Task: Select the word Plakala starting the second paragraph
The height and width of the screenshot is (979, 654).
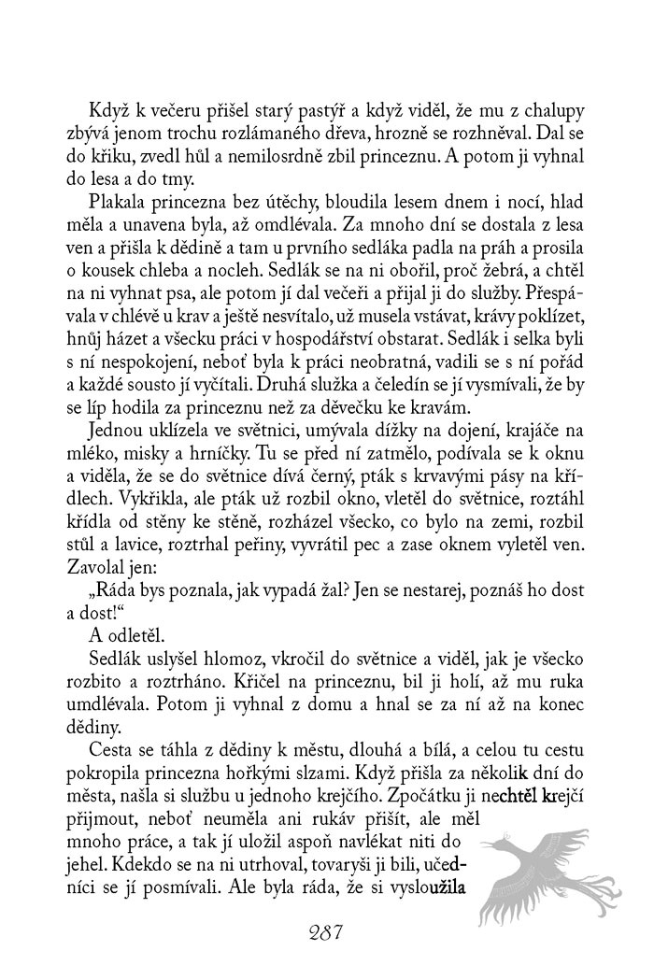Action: (120, 203)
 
